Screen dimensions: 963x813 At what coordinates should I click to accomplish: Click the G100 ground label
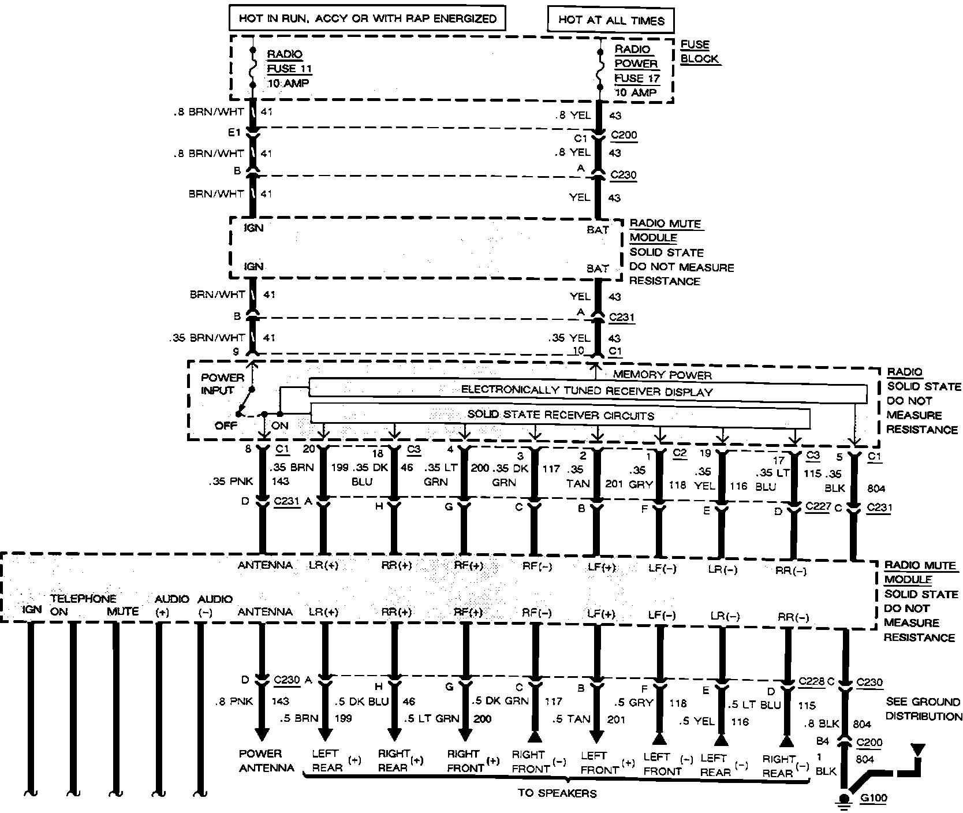(873, 799)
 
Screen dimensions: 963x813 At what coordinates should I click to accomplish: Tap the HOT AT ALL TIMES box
(611, 20)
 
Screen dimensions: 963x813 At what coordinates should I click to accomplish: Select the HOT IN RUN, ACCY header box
(368, 18)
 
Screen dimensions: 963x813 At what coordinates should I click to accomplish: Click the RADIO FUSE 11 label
(289, 68)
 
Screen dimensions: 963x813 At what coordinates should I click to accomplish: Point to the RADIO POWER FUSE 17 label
(636, 70)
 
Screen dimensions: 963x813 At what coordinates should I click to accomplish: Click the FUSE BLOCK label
(699, 51)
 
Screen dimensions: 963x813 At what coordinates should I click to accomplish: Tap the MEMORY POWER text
(662, 375)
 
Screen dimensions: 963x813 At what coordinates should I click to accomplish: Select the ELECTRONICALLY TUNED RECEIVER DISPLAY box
(587, 391)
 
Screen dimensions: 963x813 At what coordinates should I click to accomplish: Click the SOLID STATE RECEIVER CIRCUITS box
(560, 415)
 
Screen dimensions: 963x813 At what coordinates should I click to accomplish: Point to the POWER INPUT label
(222, 383)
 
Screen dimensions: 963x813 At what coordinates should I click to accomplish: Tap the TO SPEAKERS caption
(557, 793)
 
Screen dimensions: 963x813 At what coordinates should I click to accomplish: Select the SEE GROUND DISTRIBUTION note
(923, 708)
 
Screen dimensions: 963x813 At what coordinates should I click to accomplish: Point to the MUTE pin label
(122, 611)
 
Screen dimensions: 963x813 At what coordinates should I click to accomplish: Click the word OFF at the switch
(226, 426)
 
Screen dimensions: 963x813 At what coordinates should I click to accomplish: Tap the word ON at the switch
(279, 426)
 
